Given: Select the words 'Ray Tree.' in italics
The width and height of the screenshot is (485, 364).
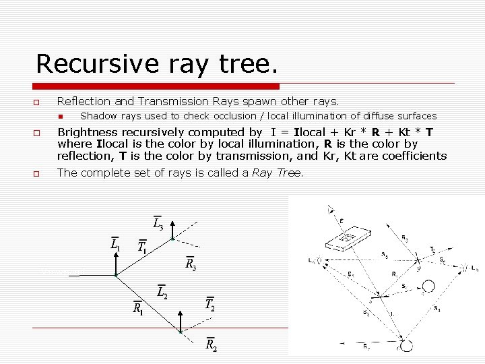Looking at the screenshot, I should (278, 173).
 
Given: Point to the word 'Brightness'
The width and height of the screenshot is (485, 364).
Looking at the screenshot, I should (88, 132).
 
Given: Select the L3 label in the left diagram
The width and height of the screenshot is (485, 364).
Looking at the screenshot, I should (157, 222).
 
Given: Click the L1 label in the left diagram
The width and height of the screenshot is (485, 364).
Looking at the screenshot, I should (116, 243).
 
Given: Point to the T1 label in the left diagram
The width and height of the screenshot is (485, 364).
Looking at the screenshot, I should (142, 247).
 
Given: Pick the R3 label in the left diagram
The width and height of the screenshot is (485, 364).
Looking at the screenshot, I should (191, 263).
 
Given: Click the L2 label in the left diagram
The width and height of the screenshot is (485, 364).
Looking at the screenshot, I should (162, 292).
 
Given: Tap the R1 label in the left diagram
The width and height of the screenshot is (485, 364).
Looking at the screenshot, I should (137, 309).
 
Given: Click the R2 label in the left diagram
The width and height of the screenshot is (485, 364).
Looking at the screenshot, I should (211, 344).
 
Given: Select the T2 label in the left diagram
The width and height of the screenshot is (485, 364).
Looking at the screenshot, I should (210, 303).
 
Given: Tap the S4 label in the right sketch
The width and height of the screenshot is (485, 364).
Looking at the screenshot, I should (438, 309).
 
